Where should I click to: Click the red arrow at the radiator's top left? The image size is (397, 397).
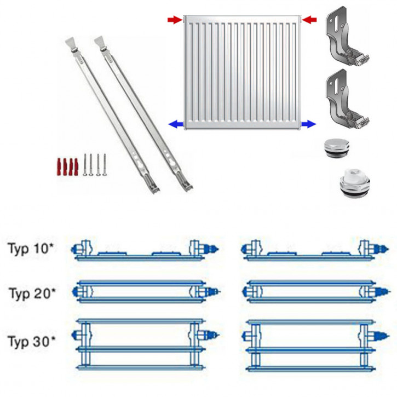point(175,20)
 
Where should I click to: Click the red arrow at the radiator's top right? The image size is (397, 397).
point(309,20)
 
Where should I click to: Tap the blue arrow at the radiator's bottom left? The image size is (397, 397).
point(176,124)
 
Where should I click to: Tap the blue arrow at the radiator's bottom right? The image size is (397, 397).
point(309,124)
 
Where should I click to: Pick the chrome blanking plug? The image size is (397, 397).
point(337,148)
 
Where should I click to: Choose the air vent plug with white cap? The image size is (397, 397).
point(354,183)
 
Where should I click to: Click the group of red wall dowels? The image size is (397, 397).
point(67,167)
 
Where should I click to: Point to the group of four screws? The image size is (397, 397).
point(94,165)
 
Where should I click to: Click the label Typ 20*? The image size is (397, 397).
point(32,294)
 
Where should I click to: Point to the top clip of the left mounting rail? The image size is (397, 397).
point(72,45)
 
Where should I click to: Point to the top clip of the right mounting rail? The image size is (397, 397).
point(101,44)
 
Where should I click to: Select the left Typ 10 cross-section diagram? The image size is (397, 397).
point(145,249)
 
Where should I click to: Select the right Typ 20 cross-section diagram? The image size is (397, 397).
point(315,292)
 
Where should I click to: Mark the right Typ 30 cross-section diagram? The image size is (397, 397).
point(315,346)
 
